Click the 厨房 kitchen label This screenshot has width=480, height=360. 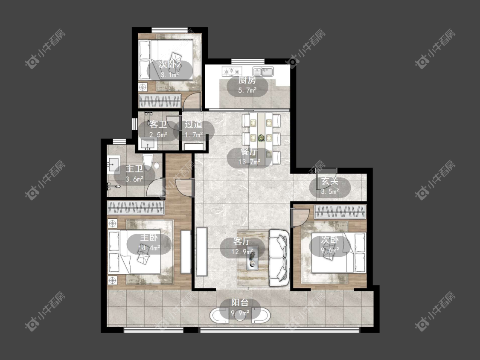(247, 81)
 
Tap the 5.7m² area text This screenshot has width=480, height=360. (247, 90)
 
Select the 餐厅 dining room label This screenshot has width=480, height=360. (249, 152)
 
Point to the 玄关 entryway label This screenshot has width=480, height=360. (330, 181)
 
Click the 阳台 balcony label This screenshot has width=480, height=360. (240, 303)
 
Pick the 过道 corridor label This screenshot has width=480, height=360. (193, 124)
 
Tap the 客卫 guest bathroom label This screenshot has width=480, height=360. (158, 124)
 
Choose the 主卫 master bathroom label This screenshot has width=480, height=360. (134, 169)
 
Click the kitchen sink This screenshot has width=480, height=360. (263, 71)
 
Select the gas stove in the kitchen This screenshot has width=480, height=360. (232, 71)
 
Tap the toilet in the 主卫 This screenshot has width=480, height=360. (148, 163)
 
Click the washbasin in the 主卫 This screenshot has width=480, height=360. (113, 164)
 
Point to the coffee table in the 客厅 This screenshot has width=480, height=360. (253, 258)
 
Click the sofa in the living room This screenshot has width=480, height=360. (279, 258)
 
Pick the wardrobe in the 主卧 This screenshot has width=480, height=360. (135, 208)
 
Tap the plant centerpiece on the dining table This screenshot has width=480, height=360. (261, 138)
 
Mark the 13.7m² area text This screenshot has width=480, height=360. (250, 162)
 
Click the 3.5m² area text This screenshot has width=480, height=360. (330, 192)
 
